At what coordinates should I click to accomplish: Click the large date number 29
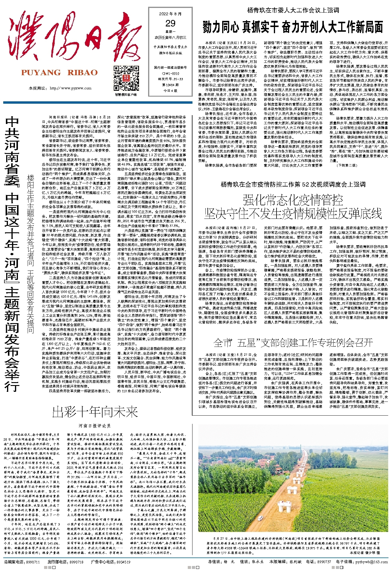point(170,23)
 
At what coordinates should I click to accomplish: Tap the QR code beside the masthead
point(121,79)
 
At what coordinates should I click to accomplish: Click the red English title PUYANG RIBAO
point(59,73)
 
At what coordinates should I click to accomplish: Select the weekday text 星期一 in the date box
point(170,31)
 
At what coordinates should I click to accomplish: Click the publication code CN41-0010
point(171,74)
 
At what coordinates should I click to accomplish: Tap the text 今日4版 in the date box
point(170,90)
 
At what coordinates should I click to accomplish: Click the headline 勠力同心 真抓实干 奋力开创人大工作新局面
point(293,27)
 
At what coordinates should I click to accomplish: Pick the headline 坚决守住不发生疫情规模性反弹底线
point(293,214)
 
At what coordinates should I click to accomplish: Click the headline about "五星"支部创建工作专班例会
point(293,342)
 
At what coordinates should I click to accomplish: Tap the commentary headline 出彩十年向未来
point(95,412)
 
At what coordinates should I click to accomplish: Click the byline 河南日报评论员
point(95,425)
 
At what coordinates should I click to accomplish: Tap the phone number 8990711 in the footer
point(32,562)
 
